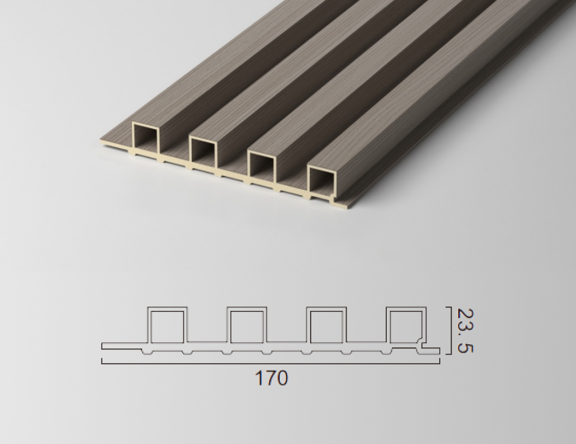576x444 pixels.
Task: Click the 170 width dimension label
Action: click(x=271, y=378)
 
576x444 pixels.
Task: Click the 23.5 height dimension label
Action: click(x=465, y=330)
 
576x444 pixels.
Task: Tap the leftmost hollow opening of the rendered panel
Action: click(x=146, y=136)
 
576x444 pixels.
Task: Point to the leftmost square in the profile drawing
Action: click(x=167, y=325)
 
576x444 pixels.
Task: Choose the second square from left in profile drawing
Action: click(x=247, y=325)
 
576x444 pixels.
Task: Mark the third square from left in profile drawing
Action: click(x=327, y=325)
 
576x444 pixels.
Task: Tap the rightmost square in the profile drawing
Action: click(x=406, y=325)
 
